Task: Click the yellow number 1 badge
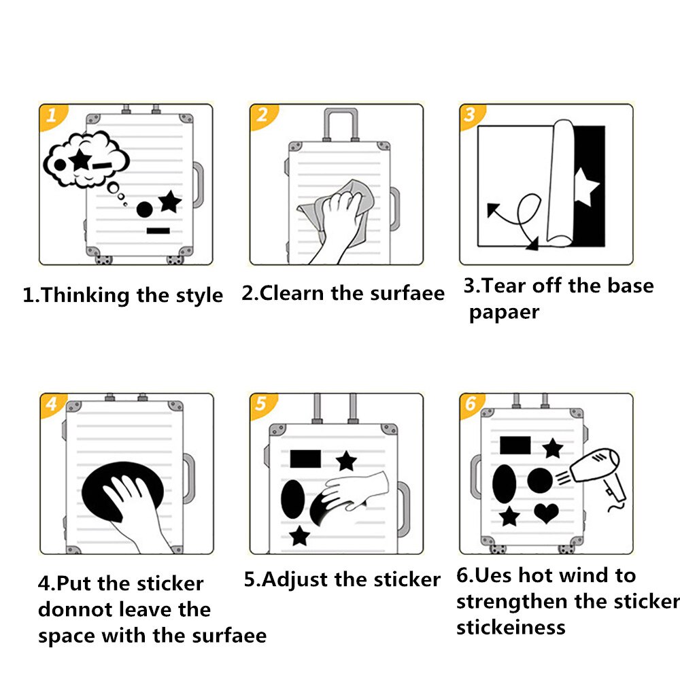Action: tap(51, 116)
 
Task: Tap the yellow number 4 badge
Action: tap(51, 404)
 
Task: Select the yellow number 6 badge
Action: tap(471, 404)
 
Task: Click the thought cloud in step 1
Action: tap(86, 159)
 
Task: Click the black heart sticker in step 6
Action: tap(547, 513)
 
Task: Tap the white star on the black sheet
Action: tap(586, 187)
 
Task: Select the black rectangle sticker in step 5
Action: tap(305, 459)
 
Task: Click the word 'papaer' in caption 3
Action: tap(505, 313)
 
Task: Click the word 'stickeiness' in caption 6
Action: tap(511, 627)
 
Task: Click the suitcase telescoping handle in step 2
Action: tap(341, 124)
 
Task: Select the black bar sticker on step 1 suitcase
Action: tap(158, 231)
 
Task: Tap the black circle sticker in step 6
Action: tap(540, 481)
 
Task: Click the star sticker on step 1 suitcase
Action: tap(170, 202)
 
